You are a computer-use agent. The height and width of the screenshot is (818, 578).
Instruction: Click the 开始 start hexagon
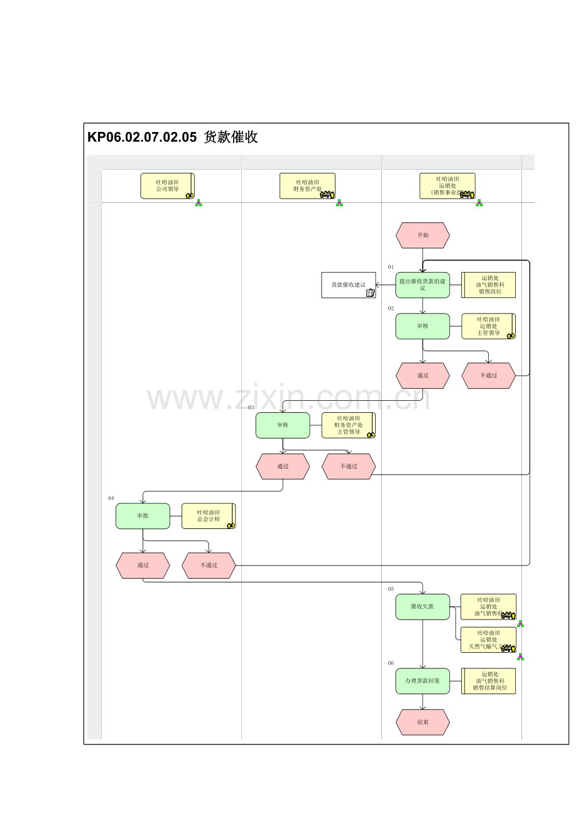click(423, 235)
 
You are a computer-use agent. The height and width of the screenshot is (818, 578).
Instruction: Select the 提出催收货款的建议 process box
click(423, 285)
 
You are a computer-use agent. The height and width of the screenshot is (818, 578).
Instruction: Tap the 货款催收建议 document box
click(349, 285)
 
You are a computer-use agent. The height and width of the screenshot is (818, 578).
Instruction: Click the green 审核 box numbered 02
click(423, 326)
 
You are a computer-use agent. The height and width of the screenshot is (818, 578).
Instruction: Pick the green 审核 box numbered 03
click(283, 425)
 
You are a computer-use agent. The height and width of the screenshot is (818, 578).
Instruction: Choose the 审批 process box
click(143, 516)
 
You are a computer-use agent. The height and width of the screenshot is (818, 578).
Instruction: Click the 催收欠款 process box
click(423, 607)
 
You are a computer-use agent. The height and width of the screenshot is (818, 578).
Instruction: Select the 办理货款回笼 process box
click(423, 681)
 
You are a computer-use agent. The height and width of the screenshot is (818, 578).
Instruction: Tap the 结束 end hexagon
click(423, 723)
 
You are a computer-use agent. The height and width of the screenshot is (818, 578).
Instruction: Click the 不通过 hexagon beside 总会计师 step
click(209, 565)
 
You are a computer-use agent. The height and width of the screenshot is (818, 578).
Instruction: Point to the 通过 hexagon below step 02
click(423, 376)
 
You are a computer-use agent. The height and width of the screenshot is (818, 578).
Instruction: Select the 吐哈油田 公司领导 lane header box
click(167, 186)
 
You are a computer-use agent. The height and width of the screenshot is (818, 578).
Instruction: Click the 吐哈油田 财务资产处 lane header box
click(307, 186)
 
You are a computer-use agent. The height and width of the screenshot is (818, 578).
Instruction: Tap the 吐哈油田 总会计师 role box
click(209, 516)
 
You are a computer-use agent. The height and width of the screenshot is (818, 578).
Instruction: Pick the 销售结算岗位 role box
click(489, 681)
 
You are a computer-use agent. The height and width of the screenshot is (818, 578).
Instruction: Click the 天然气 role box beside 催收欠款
click(488, 640)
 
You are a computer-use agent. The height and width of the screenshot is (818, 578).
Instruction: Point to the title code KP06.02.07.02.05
click(142, 138)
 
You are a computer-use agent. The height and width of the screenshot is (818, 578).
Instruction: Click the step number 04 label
click(111, 498)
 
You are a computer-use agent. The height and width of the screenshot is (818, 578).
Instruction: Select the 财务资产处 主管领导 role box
click(349, 425)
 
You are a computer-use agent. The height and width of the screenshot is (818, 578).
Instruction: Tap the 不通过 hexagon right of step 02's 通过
click(489, 376)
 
